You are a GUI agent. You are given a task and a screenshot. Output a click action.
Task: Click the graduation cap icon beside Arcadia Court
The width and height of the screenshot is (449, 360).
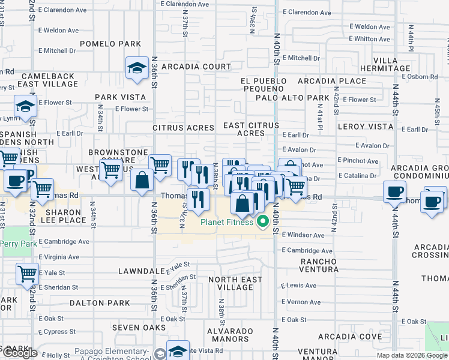tap(137, 68)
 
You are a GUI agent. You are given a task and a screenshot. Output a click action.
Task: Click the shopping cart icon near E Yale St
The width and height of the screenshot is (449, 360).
tap(27, 274)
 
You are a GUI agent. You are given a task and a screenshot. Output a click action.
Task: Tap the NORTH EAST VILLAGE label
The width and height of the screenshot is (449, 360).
tap(235, 283)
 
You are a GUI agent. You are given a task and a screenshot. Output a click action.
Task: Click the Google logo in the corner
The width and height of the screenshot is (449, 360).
tap(20, 353)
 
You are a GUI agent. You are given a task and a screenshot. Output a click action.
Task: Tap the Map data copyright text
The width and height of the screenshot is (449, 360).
tap(412, 355)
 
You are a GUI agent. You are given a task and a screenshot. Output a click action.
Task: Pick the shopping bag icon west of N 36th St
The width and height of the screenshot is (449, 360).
tap(142, 181)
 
